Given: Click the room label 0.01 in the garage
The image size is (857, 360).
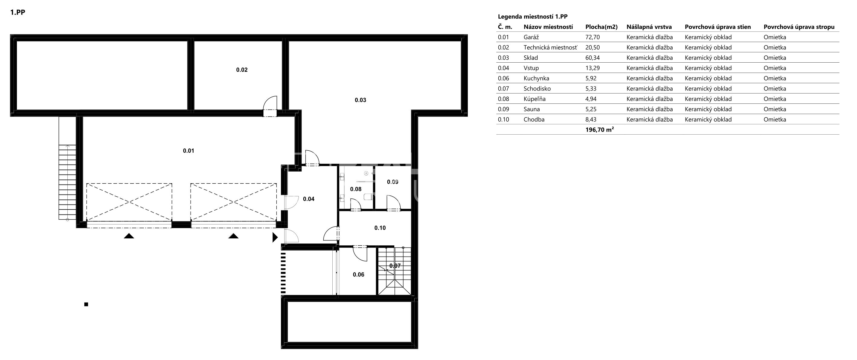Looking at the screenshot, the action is click(188, 151).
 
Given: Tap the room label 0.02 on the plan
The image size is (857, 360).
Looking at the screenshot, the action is click(242, 70).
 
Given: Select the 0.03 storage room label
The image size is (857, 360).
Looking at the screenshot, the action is click(360, 100).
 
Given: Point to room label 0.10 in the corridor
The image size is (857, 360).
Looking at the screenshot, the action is click(380, 228).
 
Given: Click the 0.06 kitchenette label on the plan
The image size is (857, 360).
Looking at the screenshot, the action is click(359, 274).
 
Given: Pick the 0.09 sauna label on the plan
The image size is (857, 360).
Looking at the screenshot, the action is click(393, 182).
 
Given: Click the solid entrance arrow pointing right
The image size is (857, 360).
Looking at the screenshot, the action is click(275, 237).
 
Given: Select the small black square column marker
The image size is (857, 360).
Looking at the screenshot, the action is click(86, 304).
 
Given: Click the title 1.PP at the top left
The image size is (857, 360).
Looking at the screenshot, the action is click(18, 13).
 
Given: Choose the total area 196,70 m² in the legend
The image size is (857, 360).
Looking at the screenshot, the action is click(599, 130).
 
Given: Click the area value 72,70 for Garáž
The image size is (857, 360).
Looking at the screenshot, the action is click(592, 37).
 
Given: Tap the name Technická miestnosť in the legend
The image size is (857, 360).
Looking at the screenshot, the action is click(550, 47).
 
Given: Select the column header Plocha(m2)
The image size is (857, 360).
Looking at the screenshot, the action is click(601, 27).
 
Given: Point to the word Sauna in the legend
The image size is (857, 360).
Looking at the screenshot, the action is click(532, 109).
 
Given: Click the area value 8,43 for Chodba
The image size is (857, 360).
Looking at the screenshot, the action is click(591, 119).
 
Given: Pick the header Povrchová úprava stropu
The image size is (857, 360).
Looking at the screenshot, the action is click(799, 27).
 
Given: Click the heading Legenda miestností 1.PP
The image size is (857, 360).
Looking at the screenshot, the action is click(533, 17).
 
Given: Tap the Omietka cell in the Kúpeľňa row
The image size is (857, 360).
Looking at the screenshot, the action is click(775, 99).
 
